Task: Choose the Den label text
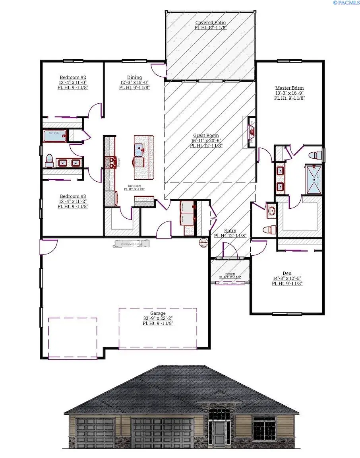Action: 287,273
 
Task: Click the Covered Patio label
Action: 211,23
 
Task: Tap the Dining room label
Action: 134,77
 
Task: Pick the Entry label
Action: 230,231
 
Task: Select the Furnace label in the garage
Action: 132,243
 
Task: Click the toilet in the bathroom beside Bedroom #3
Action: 49,160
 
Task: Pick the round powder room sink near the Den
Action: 271,211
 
